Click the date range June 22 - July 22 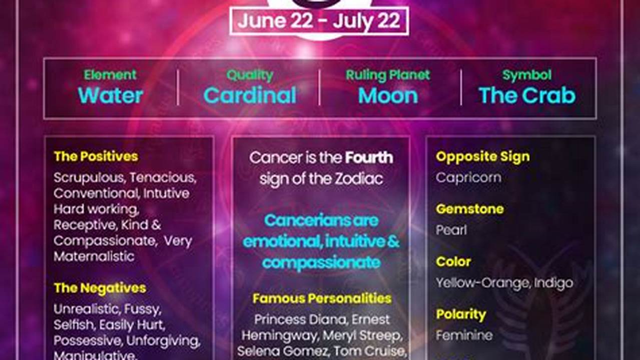click(319, 21)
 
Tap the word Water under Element click(111, 95)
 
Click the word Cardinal click(250, 95)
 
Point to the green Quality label click(250, 75)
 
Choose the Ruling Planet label click(388, 75)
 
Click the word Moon click(388, 95)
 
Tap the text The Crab click(527, 95)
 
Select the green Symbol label click(527, 75)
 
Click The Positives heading click(96, 156)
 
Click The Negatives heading click(100, 288)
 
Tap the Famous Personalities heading click(322, 298)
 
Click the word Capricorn click(468, 177)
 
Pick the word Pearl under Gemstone click(451, 230)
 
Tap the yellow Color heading click(453, 261)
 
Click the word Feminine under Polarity click(464, 335)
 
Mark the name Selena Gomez click(273, 351)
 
